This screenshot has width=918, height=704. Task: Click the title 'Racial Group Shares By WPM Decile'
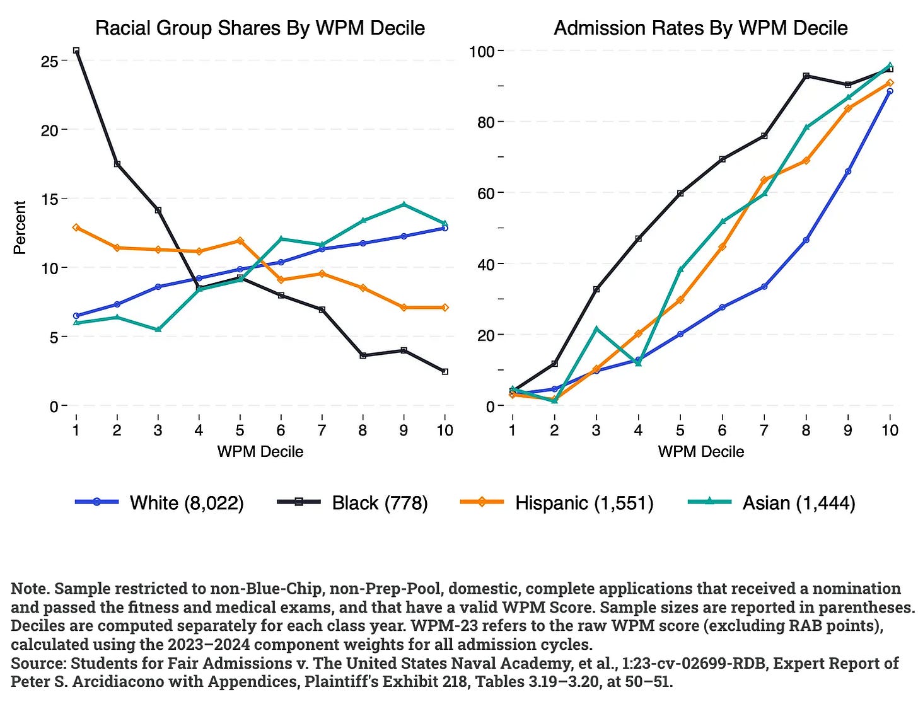pos(260,28)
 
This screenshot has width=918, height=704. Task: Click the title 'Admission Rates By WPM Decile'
pos(700,28)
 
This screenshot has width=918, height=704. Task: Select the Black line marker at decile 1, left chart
pos(76,50)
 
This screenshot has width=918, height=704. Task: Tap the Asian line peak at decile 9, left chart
pos(404,204)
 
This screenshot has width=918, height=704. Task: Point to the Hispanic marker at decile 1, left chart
pos(76,227)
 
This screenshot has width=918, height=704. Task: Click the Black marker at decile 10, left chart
pos(444,372)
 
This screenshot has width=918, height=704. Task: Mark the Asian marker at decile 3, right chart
pos(596,329)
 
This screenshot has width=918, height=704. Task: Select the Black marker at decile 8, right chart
pos(806,76)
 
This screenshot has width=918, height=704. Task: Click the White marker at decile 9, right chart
pos(848,171)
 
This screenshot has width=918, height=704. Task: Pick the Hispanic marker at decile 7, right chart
pos(764,180)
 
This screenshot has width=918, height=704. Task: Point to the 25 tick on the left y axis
pos(49,61)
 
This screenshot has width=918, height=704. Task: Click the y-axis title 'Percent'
pos(20,228)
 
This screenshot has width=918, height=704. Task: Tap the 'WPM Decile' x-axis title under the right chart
pos(700,451)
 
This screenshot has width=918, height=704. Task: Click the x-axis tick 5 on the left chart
pos(240,430)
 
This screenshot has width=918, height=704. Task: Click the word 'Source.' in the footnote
pos(38,663)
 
